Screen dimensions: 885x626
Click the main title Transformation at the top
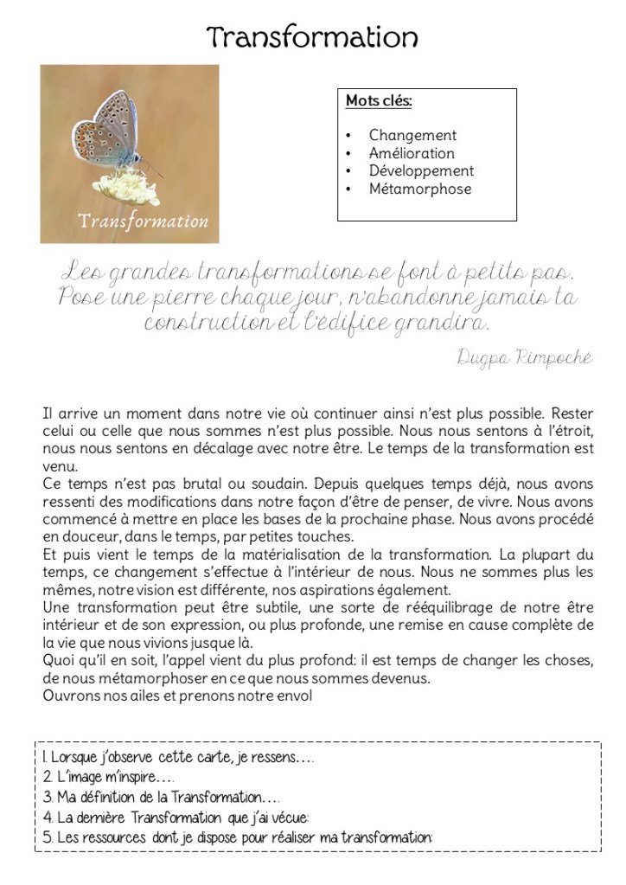pos(313,37)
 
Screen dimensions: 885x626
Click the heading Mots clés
pos(379,101)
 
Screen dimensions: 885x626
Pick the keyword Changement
pos(412,135)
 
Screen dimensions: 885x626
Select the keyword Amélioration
pos(411,153)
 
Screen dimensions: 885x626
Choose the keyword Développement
pos(421,171)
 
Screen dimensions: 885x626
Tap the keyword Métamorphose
pos(419,189)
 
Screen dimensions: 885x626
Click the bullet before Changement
pos(348,136)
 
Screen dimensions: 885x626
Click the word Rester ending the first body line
pos(572,413)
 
